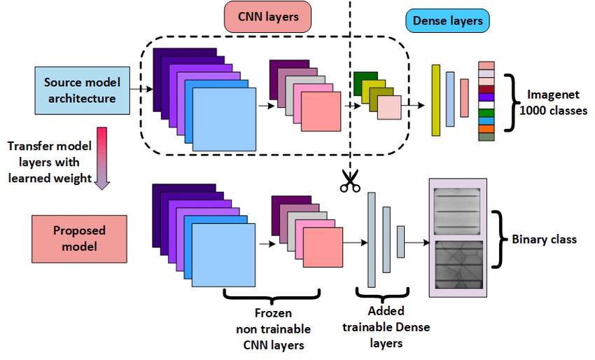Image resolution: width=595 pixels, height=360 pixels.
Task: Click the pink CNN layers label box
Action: pos(267,17)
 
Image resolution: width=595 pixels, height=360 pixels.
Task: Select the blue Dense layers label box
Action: pos(447,21)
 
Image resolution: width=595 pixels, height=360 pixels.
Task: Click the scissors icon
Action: pos(349,181)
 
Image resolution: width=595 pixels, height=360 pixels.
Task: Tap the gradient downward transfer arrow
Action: pos(102,158)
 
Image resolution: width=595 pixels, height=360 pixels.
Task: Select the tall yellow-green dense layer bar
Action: pos(435,99)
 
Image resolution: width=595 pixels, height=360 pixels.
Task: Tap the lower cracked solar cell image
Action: pos(458,264)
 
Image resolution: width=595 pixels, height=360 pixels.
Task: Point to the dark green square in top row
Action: pos(363,81)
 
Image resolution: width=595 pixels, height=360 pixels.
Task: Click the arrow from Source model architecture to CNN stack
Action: pos(141,89)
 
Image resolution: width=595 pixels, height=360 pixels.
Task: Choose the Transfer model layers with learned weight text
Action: pos(50,162)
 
